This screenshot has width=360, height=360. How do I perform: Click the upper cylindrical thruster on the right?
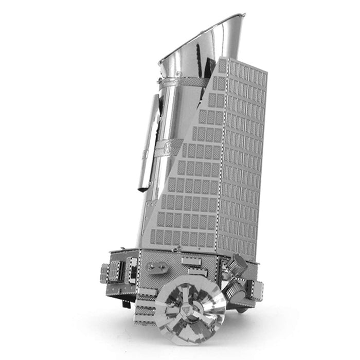point(238,265)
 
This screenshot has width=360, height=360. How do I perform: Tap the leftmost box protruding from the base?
point(104,273)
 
